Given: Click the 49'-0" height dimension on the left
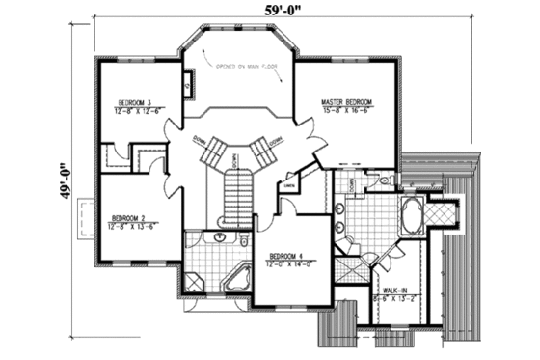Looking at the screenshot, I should [63, 180].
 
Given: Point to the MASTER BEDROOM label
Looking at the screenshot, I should [348, 102].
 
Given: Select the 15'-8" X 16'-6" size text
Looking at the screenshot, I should [348, 110].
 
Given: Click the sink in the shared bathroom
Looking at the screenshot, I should [222, 236].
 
